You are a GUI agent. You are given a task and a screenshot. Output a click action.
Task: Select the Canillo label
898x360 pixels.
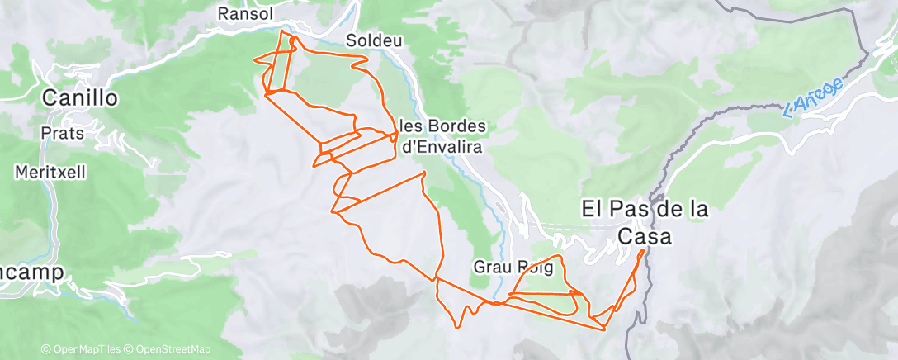pyautogui.click(x=80, y=98)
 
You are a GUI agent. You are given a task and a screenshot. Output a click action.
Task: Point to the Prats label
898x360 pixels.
pyautogui.click(x=62, y=133)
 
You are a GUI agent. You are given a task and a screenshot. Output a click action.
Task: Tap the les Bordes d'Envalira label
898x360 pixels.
pyautogui.click(x=443, y=136)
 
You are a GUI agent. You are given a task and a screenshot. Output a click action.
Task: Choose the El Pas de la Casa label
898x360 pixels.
pyautogui.click(x=645, y=222)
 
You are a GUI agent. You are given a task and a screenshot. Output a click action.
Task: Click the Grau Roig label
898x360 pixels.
pyautogui.click(x=512, y=268)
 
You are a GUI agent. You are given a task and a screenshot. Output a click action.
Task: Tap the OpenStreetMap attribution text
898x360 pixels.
pyautogui.click(x=172, y=350)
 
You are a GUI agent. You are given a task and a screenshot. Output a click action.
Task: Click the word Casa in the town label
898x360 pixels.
pyautogui.click(x=645, y=236)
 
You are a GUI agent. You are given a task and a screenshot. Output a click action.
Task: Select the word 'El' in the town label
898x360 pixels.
pyautogui.click(x=593, y=209)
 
